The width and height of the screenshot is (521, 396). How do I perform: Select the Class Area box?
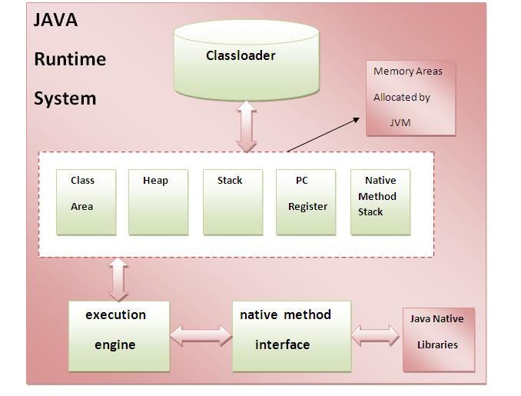[86, 201]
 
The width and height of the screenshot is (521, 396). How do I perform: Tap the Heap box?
[158, 201]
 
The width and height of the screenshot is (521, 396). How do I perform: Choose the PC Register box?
[306, 201]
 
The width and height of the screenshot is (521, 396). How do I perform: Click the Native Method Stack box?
[380, 201]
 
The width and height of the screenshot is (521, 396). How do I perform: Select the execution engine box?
[118, 336]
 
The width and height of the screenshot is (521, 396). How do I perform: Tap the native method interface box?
[291, 336]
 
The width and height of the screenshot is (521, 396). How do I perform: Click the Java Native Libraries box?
[439, 339]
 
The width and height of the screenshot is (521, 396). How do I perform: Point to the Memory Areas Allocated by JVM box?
[410, 98]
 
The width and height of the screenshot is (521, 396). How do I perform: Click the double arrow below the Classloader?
[247, 125]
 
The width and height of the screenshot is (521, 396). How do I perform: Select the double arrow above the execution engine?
[118, 278]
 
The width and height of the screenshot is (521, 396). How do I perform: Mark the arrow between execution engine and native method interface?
[201, 336]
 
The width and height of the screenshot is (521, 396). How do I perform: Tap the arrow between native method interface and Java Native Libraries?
[376, 335]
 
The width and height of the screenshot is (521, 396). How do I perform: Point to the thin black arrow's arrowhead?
[356, 119]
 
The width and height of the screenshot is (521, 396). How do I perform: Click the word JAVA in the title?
[55, 20]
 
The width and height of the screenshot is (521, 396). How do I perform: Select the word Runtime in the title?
[70, 59]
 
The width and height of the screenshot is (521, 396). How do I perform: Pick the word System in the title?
[65, 98]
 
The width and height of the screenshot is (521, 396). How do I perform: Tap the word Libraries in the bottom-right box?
[437, 344]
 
